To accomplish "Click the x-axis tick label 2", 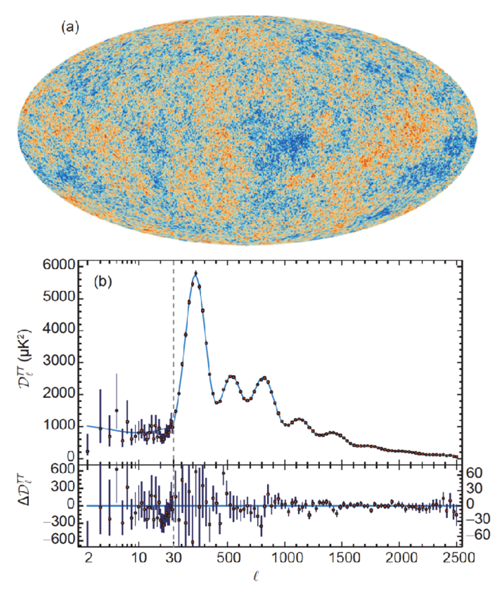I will click(x=88, y=558).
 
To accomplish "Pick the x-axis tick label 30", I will click(x=174, y=558).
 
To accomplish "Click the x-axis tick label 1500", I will click(x=345, y=558).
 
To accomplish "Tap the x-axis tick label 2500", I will click(x=457, y=558).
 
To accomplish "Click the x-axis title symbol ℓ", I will click(x=273, y=578).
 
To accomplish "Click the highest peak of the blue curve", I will click(x=196, y=273).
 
